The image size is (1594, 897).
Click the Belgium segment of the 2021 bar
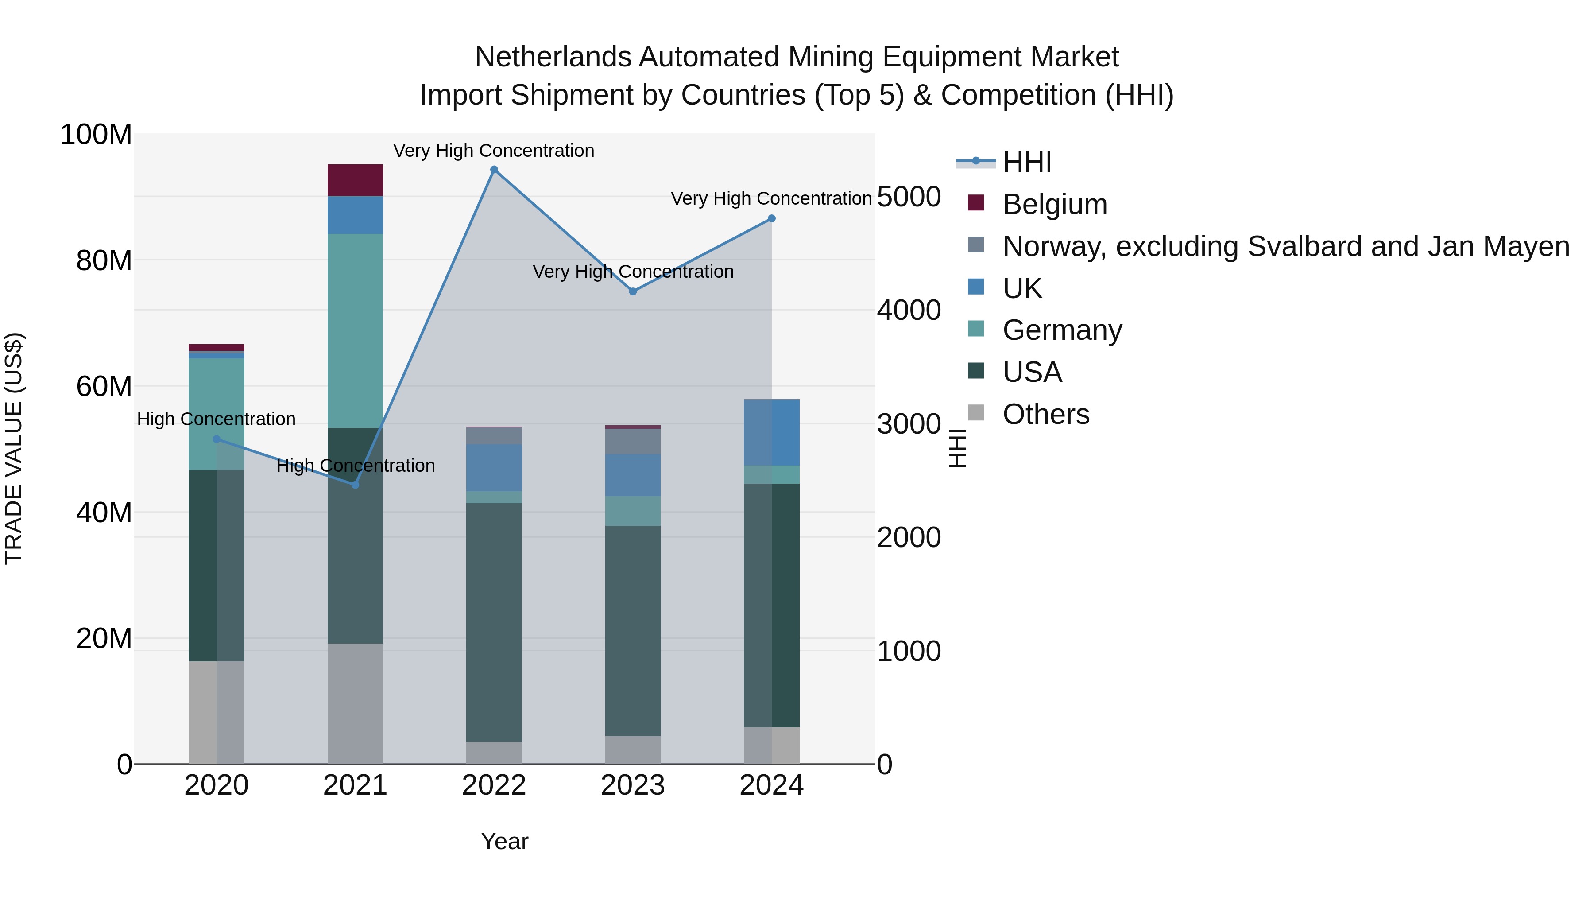(x=355, y=180)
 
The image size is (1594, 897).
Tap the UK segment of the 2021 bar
(x=355, y=215)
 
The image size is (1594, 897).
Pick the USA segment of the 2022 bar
(x=494, y=622)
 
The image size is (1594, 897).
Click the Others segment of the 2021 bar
(x=355, y=703)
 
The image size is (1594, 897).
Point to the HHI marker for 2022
(x=494, y=170)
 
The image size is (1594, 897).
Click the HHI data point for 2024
(x=772, y=218)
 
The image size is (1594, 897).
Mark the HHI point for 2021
(x=355, y=485)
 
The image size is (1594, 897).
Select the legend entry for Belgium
(x=1054, y=204)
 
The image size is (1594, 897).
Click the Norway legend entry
(x=1285, y=246)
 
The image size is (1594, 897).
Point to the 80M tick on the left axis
(x=104, y=260)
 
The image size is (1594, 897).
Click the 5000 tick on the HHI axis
(x=909, y=197)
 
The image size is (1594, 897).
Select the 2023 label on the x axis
(x=632, y=785)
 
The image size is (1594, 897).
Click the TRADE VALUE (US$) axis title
(x=14, y=448)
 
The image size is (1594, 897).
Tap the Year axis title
(x=504, y=841)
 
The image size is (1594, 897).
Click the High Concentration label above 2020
(x=216, y=419)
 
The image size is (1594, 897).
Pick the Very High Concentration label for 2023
(x=633, y=272)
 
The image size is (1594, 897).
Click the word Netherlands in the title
(x=553, y=57)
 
